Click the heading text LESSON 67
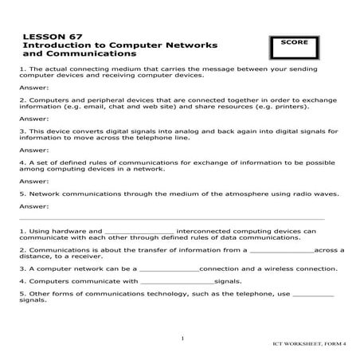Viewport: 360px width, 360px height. pos(47,37)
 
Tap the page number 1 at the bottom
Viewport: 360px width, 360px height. pos(182,338)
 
